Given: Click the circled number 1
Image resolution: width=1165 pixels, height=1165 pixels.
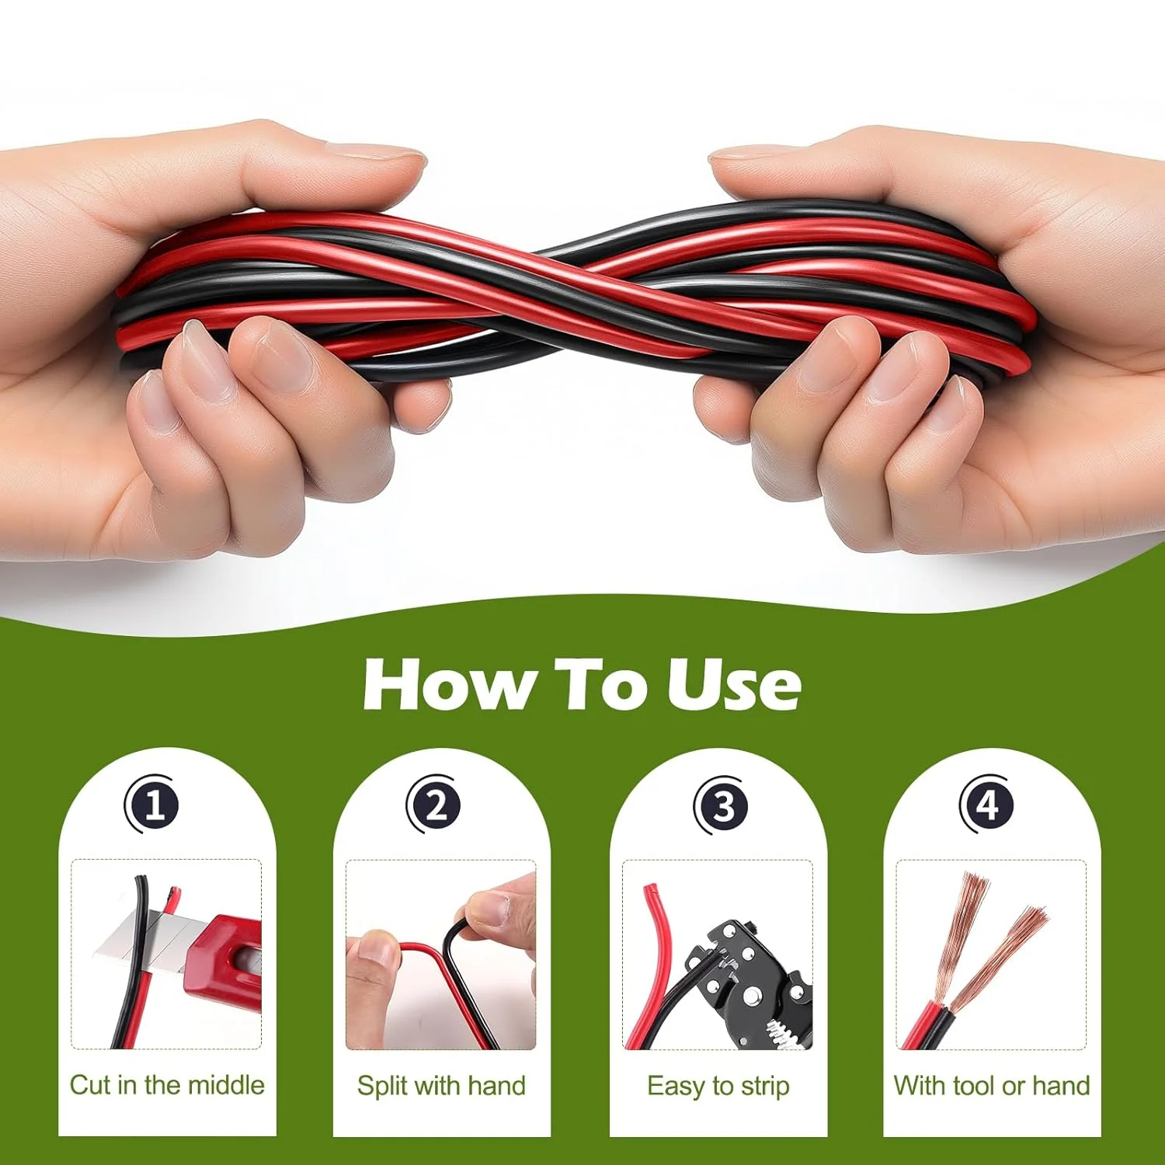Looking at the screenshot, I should coord(153,805).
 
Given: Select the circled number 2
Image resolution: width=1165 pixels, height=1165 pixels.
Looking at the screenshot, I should coord(435,805).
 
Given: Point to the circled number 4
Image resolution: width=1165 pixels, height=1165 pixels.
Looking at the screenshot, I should coord(987,805).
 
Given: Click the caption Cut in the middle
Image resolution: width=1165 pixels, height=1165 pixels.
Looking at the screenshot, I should coord(167,1085).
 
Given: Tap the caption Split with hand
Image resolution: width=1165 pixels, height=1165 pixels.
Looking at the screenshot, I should coord(441,1085).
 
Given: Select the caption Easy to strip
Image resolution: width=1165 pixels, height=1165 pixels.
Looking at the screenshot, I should coord(718,1086).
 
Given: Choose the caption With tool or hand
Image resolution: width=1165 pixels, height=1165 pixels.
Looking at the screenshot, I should coord(992,1085).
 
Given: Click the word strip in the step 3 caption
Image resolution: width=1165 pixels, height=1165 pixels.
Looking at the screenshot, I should coord(765,1086).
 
